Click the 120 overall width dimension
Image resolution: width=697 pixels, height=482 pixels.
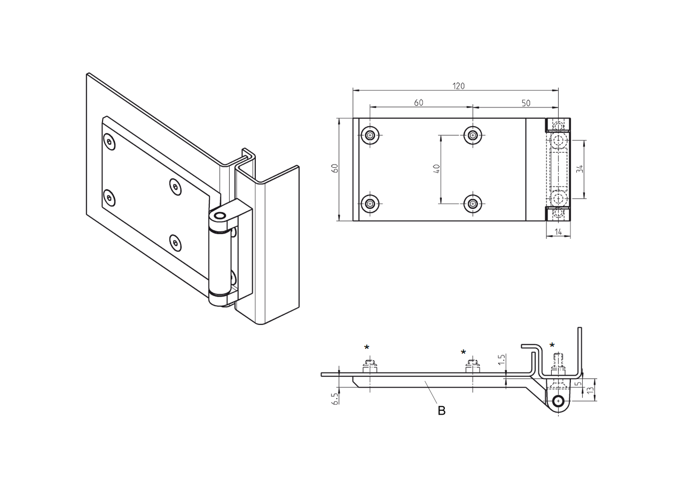coord(458,86)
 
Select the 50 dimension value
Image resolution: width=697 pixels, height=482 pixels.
coord(526,103)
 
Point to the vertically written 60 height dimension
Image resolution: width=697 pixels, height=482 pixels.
coord(335,168)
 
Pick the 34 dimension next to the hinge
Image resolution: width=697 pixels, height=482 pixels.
coord(579,168)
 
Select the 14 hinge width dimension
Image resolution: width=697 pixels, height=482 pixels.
coord(558,232)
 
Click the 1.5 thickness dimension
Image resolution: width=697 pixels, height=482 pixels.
coord(502,359)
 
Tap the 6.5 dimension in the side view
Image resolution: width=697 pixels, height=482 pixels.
coord(335,398)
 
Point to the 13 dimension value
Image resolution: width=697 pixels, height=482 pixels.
coord(590,391)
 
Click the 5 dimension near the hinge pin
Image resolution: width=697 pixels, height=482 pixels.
coord(578,384)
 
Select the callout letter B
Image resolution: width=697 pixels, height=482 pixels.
coord(441,410)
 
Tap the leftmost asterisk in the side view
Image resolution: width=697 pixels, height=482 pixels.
coord(367,348)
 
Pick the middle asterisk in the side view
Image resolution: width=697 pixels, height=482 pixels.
coord(464,353)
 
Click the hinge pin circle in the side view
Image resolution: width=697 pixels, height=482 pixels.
coord(558,401)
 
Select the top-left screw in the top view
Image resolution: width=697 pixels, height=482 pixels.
coord(370,135)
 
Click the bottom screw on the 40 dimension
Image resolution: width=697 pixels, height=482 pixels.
coord(473,203)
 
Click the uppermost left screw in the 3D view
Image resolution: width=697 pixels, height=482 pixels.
coord(109,142)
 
